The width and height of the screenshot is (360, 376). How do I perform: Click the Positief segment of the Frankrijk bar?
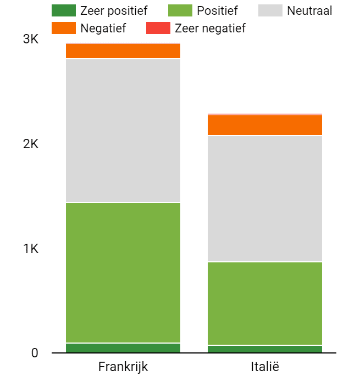pos(123,273)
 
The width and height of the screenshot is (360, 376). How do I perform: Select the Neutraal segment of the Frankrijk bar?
pos(123,131)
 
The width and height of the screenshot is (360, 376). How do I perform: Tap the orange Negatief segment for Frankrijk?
pos(123,51)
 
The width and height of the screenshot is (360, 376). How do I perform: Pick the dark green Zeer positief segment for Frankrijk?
pos(123,347)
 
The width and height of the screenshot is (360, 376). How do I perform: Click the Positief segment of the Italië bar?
pos(264,304)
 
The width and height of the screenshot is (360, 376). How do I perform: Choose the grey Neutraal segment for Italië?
pos(264,199)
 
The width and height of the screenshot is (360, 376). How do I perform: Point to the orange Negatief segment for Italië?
pos(264,125)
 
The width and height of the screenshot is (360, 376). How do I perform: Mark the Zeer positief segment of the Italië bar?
pos(264,349)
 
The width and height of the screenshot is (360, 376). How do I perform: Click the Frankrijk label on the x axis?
pos(123,366)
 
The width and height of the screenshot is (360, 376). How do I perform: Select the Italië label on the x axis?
pos(264,366)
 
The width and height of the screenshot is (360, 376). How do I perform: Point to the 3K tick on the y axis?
pos(31,40)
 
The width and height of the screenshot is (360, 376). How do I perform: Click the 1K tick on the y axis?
pos(31,249)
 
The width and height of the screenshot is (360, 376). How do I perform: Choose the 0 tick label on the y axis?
pos(35,353)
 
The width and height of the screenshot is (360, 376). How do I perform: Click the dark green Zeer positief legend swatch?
pos(63,10)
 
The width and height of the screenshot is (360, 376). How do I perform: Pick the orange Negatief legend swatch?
pos(63,27)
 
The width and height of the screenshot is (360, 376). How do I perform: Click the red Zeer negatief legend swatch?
pos(158,27)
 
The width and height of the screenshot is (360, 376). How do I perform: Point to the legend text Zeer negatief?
pos(210,27)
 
